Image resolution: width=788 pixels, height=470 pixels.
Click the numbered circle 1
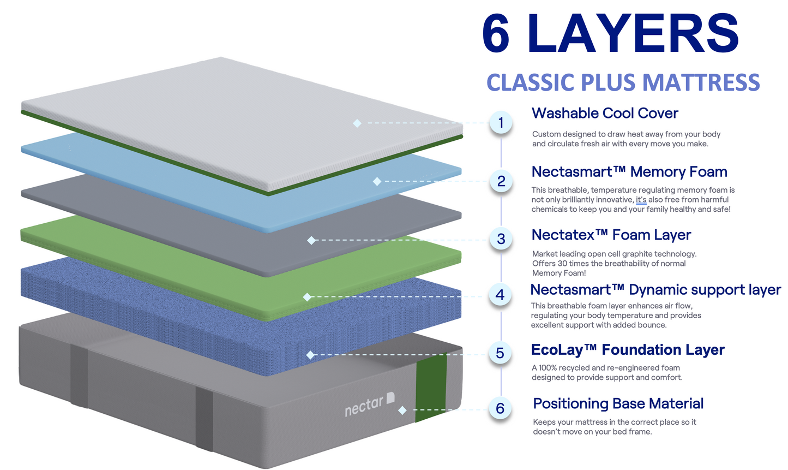pos(501,123)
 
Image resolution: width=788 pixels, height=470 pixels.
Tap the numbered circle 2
pos(501,181)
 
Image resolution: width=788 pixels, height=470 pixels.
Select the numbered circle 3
pos(501,239)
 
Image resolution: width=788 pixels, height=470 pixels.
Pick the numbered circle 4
pos(500,295)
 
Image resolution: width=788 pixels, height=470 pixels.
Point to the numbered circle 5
pos(500,353)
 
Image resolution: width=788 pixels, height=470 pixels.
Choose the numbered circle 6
pos(500,408)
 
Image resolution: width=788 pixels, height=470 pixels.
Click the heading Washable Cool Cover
pos(605,114)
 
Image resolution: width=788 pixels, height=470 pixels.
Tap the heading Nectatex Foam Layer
pos(611,235)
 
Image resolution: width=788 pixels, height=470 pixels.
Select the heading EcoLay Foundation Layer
pos(628,350)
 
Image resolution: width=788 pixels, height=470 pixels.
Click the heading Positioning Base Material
pos(618,404)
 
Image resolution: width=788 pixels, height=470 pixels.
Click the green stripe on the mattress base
pos(431,388)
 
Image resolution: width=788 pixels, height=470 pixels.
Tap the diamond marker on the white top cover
pos(357,123)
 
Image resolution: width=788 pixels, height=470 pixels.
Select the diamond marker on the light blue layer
pos(377,181)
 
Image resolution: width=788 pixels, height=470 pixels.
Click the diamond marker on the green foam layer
pos(307,297)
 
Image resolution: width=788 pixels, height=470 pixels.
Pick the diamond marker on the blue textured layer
pos(310,355)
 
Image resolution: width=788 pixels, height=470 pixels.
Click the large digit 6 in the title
pos(497,34)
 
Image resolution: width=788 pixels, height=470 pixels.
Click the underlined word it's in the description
pos(641,200)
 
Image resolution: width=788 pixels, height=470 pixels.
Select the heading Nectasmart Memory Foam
pos(629,172)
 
